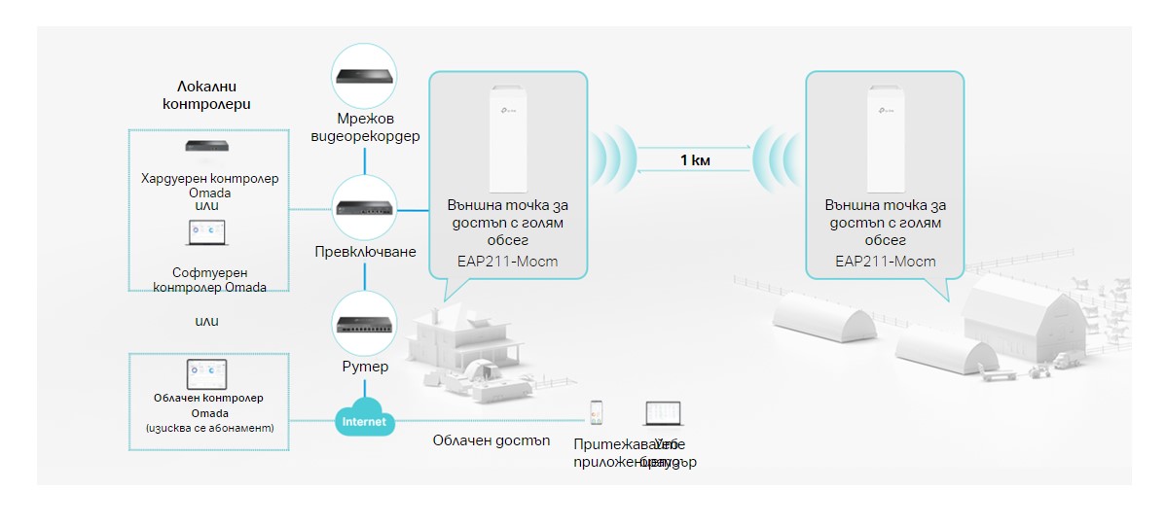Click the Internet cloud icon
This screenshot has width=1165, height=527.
[x=364, y=420]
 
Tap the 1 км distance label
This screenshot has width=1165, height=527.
[x=694, y=159]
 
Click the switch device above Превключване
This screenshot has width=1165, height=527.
[x=364, y=207]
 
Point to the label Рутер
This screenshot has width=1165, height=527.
[x=364, y=367]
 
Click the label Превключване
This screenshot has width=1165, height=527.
[x=364, y=252]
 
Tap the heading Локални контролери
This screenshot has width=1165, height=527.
[x=208, y=95]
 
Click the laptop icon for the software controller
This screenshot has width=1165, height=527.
[x=205, y=234]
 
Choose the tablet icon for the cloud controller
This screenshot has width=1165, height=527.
[x=206, y=373]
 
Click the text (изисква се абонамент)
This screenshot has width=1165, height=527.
[x=208, y=428]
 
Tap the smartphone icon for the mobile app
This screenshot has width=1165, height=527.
[x=597, y=412]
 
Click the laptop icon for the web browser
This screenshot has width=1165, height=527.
[x=662, y=413]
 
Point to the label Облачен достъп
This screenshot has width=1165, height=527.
[x=491, y=440]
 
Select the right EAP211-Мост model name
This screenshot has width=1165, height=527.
[x=885, y=261]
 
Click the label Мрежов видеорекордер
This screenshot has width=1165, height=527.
[x=364, y=127]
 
